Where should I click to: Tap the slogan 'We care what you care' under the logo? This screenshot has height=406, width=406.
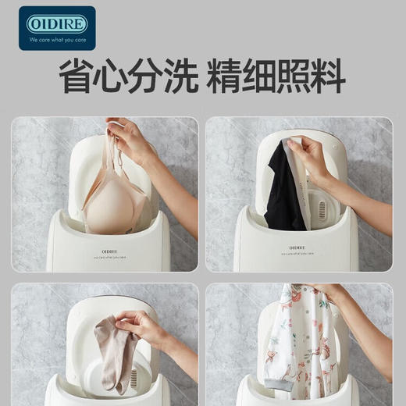(x=57, y=38)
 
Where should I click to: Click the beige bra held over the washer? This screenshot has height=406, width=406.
(x=117, y=199)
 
